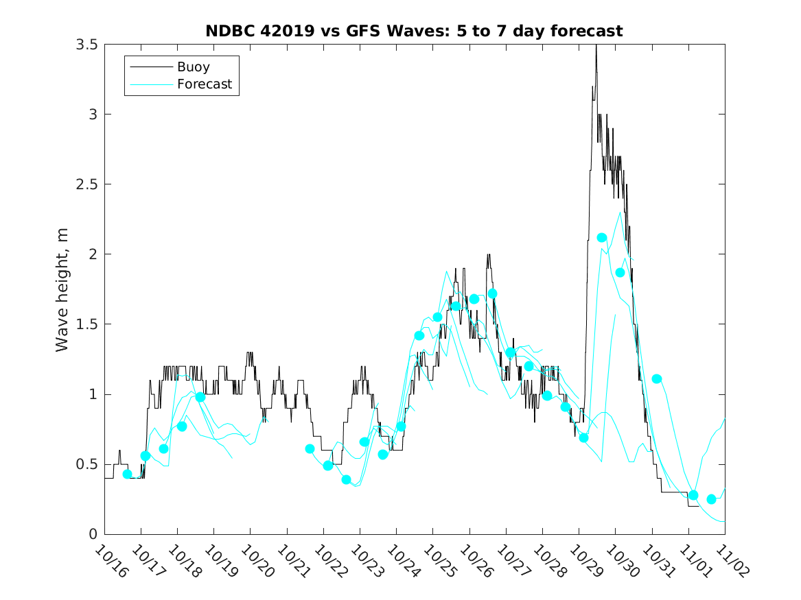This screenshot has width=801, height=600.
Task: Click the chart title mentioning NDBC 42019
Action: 414,32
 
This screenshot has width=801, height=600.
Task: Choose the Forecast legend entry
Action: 205,84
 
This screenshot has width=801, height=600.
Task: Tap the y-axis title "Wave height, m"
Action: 62,289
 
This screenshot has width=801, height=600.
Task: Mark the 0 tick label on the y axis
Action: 94,534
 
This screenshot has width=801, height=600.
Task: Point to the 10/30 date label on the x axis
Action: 619,561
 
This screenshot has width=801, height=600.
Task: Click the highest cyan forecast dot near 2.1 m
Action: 602,238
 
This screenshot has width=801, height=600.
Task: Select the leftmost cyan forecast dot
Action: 127,474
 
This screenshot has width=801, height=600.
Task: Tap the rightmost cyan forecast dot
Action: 711,499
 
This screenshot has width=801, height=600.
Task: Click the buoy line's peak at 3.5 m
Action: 596,45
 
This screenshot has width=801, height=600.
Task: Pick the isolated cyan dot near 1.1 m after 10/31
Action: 656,379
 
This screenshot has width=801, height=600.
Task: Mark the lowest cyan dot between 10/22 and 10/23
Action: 346,480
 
